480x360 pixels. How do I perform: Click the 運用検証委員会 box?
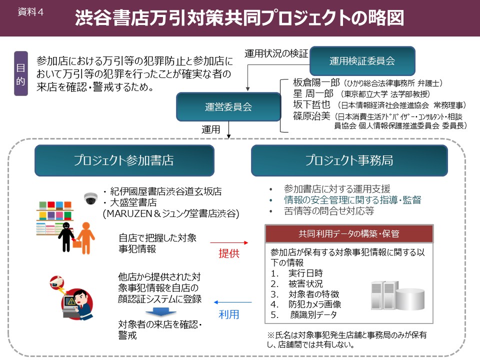click(362, 61)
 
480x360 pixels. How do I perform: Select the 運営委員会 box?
click(228, 106)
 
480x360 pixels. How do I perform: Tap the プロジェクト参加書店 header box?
click(124, 160)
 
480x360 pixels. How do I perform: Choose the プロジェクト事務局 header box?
click(349, 160)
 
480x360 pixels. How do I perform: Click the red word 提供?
click(229, 253)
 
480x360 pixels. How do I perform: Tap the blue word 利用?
click(229, 314)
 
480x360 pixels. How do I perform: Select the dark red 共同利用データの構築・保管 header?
click(348, 233)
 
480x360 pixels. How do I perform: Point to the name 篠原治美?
click(311, 115)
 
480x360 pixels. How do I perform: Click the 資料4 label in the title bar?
click(30, 12)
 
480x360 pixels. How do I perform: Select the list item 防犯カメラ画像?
click(314, 304)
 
